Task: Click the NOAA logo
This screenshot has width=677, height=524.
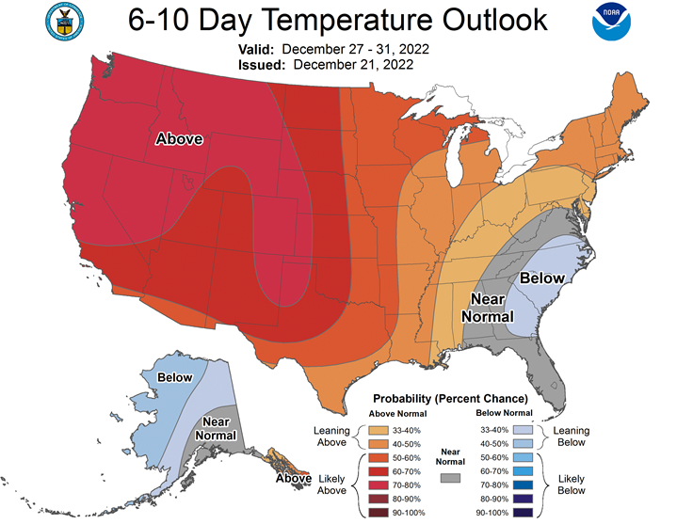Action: point(611,22)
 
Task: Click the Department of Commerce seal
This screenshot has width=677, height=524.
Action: point(64,22)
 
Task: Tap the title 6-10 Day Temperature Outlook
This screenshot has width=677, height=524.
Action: point(338,20)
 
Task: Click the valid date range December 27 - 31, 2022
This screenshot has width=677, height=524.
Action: point(355,49)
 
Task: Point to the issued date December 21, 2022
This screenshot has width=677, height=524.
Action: point(353,65)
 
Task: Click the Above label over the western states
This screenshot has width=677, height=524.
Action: point(179,139)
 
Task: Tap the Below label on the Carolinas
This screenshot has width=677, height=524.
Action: point(541,278)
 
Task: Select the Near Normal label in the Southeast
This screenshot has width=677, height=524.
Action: point(488,308)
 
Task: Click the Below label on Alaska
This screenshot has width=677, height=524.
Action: point(174,377)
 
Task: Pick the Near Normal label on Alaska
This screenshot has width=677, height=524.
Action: point(216,428)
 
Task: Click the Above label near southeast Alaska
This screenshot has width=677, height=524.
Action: point(294,478)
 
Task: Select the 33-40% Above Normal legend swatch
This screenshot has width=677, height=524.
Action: point(379,431)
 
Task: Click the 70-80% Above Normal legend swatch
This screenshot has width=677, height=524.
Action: point(379,485)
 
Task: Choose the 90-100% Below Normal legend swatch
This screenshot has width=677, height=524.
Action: point(523,513)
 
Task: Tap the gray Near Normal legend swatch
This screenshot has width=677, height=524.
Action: point(450,478)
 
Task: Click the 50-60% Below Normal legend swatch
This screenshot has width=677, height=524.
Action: point(523,457)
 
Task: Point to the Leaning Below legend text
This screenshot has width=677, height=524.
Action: point(572,436)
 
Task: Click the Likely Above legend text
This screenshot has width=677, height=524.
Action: point(331,484)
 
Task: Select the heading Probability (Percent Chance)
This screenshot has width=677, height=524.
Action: point(450,399)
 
